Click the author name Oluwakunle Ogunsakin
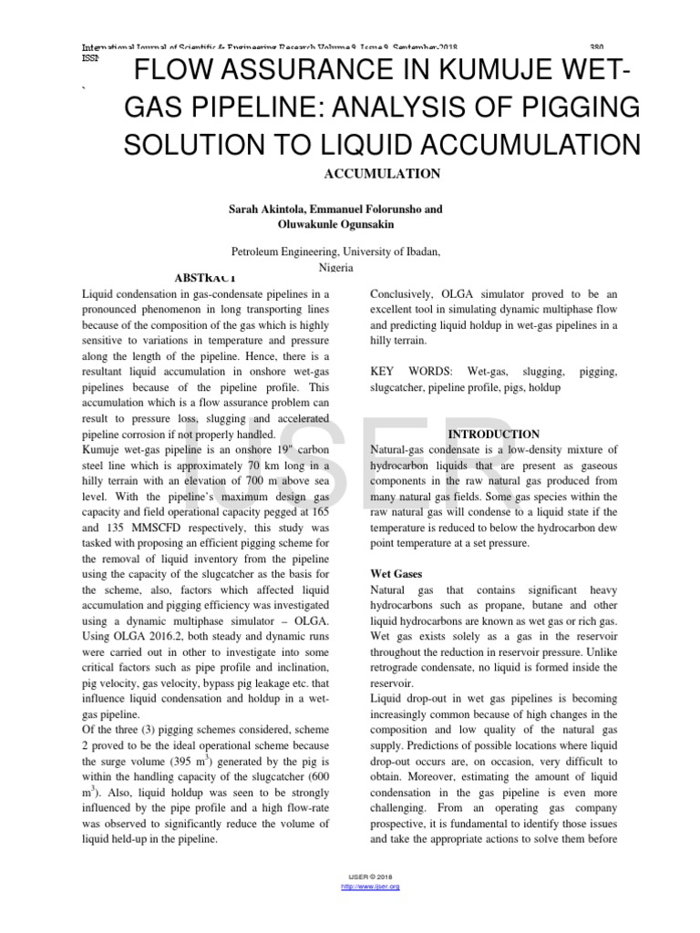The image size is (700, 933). [334, 223]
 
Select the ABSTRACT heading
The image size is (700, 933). [204, 277]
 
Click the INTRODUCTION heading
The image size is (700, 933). [495, 434]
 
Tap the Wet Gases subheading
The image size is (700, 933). [397, 576]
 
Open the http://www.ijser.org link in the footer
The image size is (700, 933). [369, 886]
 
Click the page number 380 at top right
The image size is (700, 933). [597, 46]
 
